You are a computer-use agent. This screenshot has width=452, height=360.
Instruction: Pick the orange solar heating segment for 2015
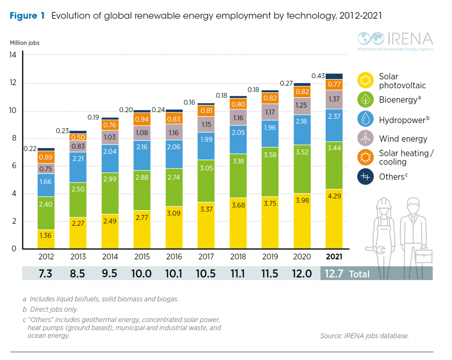coord(142,119)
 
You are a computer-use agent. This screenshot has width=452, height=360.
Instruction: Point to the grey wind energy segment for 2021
coord(334,99)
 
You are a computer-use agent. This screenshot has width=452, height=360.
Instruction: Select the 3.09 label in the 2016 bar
coord(174,213)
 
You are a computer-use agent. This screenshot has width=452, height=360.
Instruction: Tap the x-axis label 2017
coord(206,257)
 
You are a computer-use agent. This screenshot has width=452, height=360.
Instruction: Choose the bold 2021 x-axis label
coord(334,257)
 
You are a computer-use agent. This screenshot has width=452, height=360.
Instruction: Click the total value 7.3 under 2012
coord(45,273)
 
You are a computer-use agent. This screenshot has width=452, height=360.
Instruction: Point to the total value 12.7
coord(334,273)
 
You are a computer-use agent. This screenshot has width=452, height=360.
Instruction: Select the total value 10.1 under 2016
coord(174,273)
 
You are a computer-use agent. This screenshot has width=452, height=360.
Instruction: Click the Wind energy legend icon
coord(365,139)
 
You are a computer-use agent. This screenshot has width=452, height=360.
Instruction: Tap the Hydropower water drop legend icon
coord(365,119)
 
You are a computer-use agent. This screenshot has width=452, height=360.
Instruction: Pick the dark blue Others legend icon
coord(365,177)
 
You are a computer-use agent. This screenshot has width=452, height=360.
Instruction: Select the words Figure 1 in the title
coord(27,16)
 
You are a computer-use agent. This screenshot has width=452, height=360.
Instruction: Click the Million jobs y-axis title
coord(25,43)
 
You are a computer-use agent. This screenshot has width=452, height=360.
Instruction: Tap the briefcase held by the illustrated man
coord(423,256)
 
